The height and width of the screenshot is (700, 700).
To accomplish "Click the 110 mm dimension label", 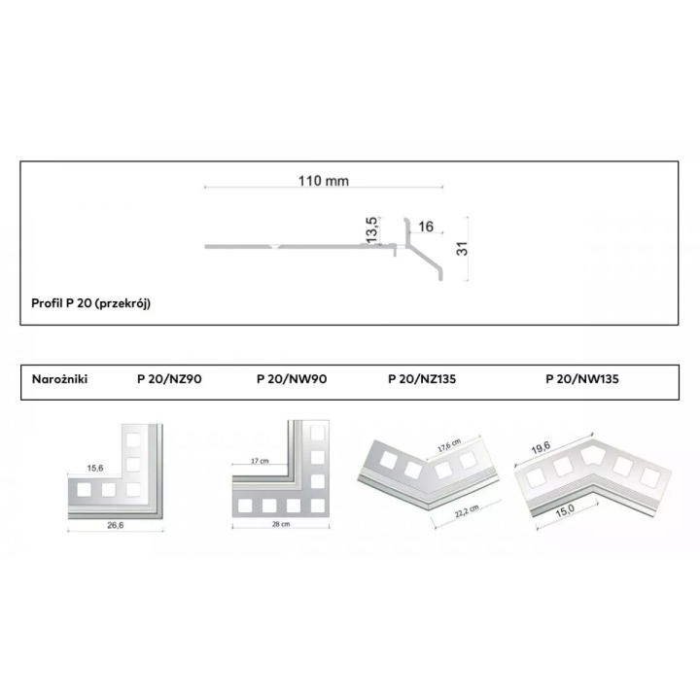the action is coord(323,181).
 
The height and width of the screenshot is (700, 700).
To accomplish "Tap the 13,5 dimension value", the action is coord(372,229).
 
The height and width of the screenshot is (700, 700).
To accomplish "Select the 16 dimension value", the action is coord(426,227).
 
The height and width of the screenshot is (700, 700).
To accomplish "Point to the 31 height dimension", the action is coord(462,249).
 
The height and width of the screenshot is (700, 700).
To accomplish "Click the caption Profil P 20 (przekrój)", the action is coord(91,303).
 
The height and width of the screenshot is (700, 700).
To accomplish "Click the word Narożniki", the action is coord(60,379).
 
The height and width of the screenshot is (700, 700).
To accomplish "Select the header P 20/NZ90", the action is coord(169,379).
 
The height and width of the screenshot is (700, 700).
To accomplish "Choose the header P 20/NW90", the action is coord(292,379).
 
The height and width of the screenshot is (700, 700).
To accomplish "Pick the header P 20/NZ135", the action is coord(422,379).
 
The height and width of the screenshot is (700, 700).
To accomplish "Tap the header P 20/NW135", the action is coord(582,379).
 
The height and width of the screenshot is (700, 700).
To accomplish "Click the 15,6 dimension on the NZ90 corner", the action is coord(95,468).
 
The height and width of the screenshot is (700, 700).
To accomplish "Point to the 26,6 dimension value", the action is coord(115,525).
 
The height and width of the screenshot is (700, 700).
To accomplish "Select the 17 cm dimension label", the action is coord(260,461).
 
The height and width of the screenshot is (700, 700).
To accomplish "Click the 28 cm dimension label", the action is coord(281,524).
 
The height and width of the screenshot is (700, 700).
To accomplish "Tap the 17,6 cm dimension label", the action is coord(448,445).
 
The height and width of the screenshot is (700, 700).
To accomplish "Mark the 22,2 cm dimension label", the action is coord(467,511).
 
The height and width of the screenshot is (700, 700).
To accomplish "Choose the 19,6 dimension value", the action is coord(541,448).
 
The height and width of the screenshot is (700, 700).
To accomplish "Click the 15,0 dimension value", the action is coord(565,510).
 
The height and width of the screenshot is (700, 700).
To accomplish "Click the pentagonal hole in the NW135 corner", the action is coord(592,455).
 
